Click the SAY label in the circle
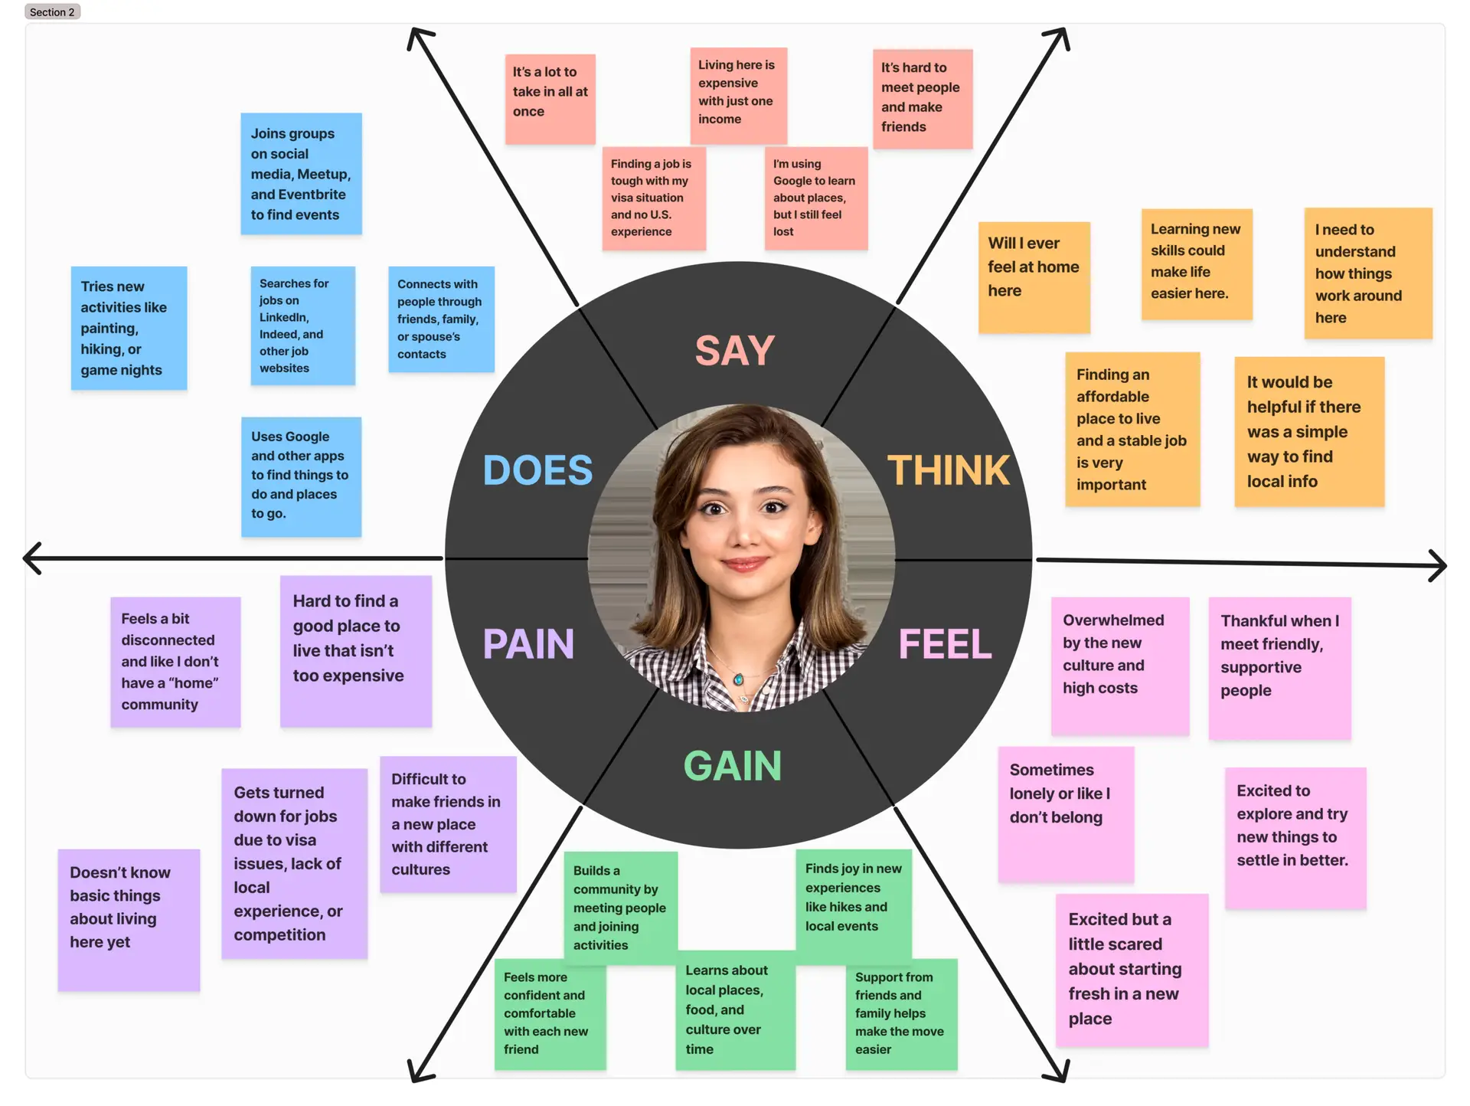pyautogui.click(x=734, y=351)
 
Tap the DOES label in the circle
pyautogui.click(x=537, y=470)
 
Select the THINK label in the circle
pyautogui.click(x=948, y=470)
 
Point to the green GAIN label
pyautogui.click(x=733, y=766)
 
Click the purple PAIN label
pyautogui.click(x=528, y=644)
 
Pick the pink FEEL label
pyautogui.click(x=945, y=644)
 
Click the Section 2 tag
pyautogui.click(x=52, y=12)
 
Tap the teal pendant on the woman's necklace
pyautogui.click(x=739, y=679)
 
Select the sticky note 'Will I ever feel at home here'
pyautogui.click(x=1034, y=277)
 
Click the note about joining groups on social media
pyautogui.click(x=301, y=174)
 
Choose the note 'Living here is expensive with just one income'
pyautogui.click(x=738, y=95)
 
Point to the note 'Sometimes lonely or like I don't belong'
pyautogui.click(x=1066, y=813)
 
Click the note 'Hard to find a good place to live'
pyautogui.click(x=355, y=650)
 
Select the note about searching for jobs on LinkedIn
pyautogui.click(x=302, y=326)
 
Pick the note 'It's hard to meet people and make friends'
pyautogui.click(x=923, y=99)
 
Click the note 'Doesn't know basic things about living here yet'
pyautogui.click(x=129, y=919)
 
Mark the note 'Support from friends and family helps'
pyautogui.click(x=901, y=1013)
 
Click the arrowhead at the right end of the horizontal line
pyautogui.click(x=1439, y=565)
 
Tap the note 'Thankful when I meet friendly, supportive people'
pyautogui.click(x=1279, y=667)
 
